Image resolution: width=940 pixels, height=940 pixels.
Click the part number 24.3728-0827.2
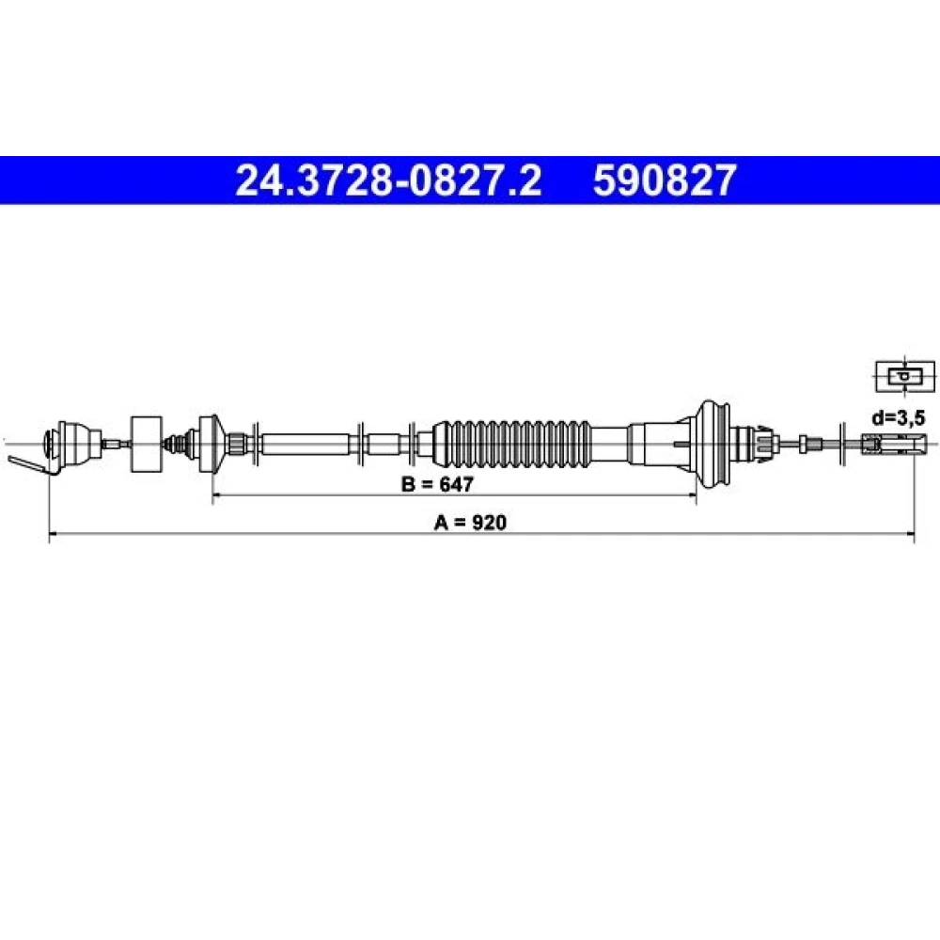[388, 180]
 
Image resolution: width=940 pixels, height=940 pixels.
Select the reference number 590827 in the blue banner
[665, 180]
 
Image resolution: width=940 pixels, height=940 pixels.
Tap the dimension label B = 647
[437, 484]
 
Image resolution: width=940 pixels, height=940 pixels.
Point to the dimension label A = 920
[470, 523]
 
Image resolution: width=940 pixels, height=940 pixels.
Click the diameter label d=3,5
[898, 417]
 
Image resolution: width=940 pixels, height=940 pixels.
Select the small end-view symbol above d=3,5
[905, 377]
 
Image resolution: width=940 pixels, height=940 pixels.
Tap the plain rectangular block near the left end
[147, 445]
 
